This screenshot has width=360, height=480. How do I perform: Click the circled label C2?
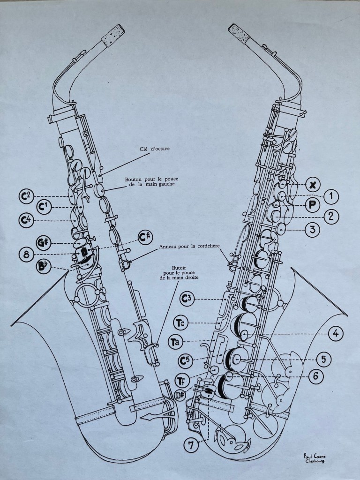coord(26,196)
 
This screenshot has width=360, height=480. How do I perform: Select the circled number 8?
coord(26,255)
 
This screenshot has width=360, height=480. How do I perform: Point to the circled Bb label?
coord(43,267)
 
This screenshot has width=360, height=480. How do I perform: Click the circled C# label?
coord(145,237)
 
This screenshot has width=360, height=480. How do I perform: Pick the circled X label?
coord(313,185)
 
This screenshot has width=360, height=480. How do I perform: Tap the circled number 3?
coord(313,230)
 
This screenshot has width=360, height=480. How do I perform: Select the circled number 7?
coord(191,445)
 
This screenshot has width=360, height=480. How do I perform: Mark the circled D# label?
coord(180,395)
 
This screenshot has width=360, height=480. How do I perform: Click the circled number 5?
coord(324,360)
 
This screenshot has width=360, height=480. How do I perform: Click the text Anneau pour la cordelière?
coord(189,246)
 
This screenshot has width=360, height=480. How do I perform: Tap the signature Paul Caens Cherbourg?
coord(315,458)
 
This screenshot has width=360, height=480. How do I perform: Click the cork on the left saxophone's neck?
coord(113,36)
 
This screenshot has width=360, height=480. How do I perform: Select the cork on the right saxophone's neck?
coord(240,34)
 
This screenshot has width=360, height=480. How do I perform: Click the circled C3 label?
coord(187,299)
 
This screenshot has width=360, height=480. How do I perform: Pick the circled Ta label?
coord(175,342)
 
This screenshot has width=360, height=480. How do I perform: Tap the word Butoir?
coord(179,268)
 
